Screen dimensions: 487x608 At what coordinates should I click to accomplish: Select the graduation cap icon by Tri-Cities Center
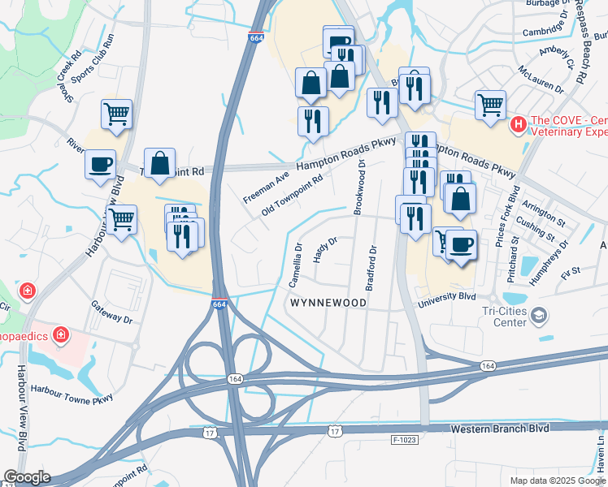coord(538,314)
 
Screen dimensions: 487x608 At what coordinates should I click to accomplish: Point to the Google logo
coord(26,477)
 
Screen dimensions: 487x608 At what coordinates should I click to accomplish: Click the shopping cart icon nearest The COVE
coord(491,105)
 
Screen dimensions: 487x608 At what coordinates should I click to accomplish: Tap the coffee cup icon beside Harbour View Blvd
coord(101,164)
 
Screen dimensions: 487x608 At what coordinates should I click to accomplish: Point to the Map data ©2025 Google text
coord(558,481)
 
